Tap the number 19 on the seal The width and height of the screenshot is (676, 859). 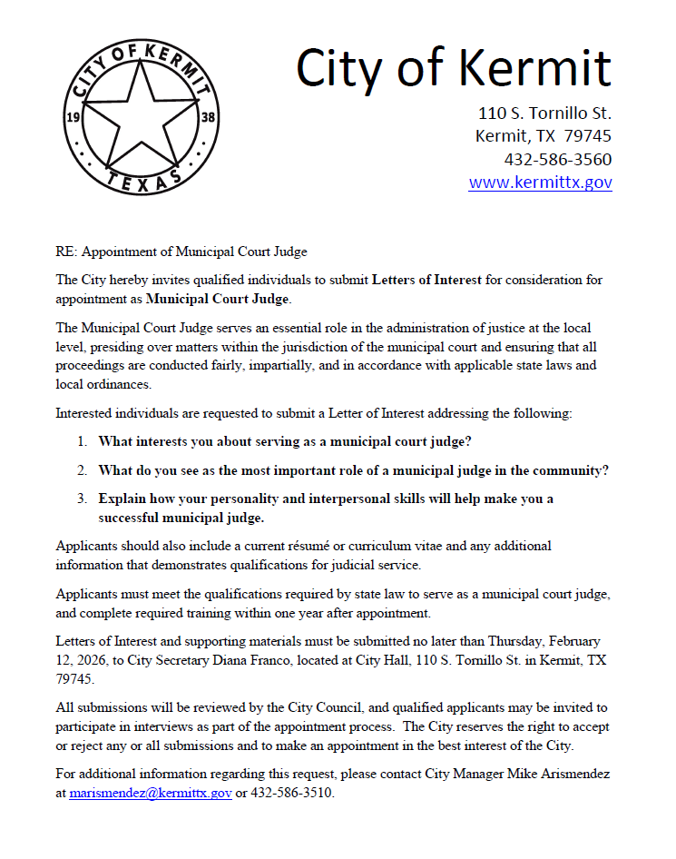tap(75, 117)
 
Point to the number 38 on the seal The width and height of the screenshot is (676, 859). tap(208, 117)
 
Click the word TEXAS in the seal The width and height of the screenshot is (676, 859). tap(142, 180)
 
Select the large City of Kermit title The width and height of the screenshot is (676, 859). tap(454, 68)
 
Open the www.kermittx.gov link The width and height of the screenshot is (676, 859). tap(540, 183)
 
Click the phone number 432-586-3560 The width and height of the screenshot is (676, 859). tap(557, 160)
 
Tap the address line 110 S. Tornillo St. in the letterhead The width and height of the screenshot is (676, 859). tap(544, 114)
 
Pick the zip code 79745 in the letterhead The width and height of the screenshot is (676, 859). tap(586, 136)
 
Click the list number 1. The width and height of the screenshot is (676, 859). tap(81, 442)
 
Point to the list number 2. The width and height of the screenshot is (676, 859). tap(81, 470)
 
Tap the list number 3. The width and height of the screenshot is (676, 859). tap(81, 499)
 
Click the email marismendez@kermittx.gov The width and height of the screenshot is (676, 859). tap(151, 793)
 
